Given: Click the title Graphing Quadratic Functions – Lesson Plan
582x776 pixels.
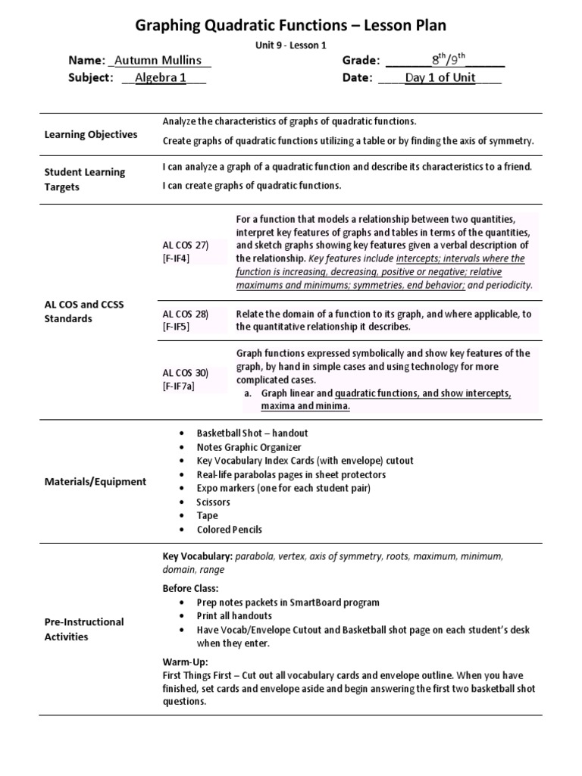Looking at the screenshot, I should (x=291, y=28).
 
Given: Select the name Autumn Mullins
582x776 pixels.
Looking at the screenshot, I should (x=156, y=61).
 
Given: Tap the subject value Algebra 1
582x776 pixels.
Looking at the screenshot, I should (x=160, y=77).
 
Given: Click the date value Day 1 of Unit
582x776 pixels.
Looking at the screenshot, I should (x=440, y=77).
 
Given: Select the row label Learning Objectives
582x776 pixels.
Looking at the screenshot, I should (x=90, y=134).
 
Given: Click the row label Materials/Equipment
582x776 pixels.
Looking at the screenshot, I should (x=95, y=481).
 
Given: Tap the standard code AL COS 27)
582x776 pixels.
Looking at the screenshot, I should (x=185, y=246).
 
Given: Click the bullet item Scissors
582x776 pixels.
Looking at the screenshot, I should (x=213, y=502).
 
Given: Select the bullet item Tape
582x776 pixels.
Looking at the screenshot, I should (x=207, y=515).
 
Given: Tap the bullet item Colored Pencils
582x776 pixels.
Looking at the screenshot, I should (x=229, y=529).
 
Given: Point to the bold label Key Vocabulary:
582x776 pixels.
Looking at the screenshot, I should (x=198, y=556).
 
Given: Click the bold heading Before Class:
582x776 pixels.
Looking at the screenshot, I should (x=190, y=588).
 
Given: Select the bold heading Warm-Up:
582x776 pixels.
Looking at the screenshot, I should (x=184, y=661).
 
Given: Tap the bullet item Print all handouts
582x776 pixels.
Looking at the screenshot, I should (x=239, y=616).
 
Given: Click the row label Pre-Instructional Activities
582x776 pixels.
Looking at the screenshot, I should (x=83, y=629).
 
